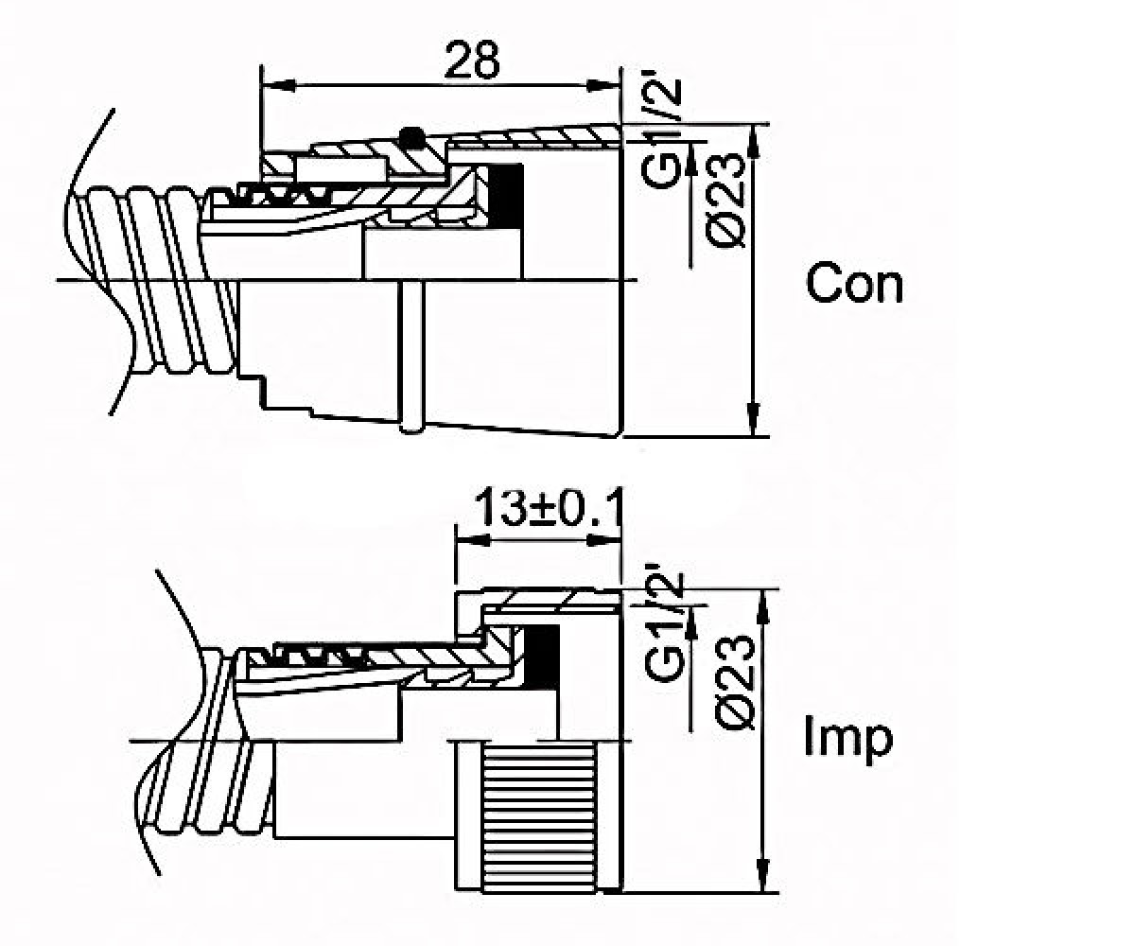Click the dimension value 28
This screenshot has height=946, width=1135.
(471, 60)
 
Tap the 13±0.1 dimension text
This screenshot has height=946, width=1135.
(548, 509)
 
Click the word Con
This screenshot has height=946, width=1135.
(854, 283)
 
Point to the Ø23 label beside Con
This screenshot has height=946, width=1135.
(725, 200)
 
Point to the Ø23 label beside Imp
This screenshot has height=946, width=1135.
(734, 683)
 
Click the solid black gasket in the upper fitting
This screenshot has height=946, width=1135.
(506, 196)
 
